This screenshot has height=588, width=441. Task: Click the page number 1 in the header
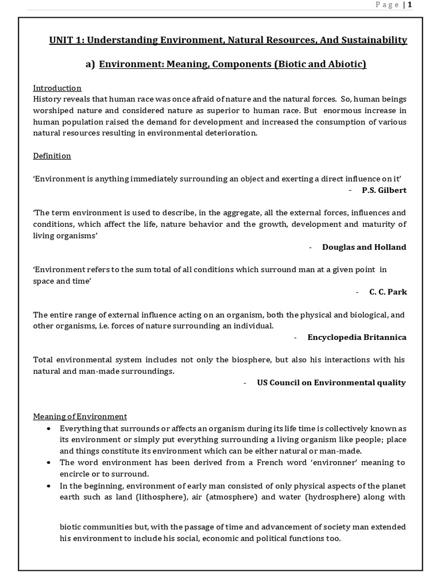coord(410,5)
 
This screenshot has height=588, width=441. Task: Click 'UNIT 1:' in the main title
coord(65,40)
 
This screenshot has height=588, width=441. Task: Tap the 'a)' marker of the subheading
coord(90,64)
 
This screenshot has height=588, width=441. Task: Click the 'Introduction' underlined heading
coord(57,88)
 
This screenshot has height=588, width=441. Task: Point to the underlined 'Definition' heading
coord(52,156)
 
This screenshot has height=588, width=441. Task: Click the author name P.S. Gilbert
coord(384,190)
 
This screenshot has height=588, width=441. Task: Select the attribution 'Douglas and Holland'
coord(364,247)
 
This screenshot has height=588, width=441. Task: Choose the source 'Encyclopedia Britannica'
coord(357,337)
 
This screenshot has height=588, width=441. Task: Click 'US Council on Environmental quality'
coord(331,382)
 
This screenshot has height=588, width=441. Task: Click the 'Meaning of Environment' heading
coord(80,416)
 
